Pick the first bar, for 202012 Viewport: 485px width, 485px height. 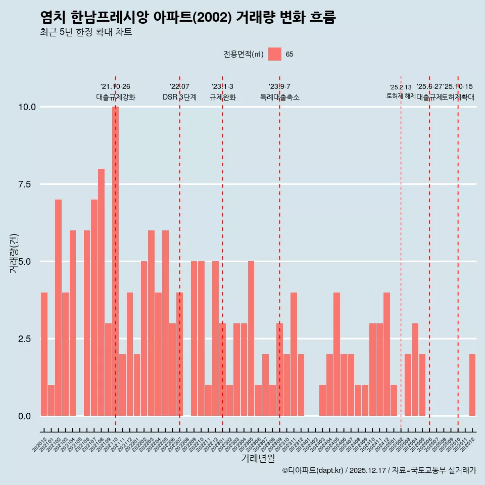44,354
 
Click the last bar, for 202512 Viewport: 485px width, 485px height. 472,384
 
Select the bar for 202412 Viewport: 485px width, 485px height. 386,354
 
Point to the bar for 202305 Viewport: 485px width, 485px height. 251,338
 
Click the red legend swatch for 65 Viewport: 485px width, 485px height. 275,54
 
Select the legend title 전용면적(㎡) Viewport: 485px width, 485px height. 243,54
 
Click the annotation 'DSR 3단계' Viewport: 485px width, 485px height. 179,97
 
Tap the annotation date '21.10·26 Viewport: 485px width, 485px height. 115,87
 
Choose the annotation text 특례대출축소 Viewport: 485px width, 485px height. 280,97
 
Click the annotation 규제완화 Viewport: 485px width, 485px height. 222,97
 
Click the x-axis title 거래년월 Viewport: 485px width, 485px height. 258,458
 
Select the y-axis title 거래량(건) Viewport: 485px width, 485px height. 14,253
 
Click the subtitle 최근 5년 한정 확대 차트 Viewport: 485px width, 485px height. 86,32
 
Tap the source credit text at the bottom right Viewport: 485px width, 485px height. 379,470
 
